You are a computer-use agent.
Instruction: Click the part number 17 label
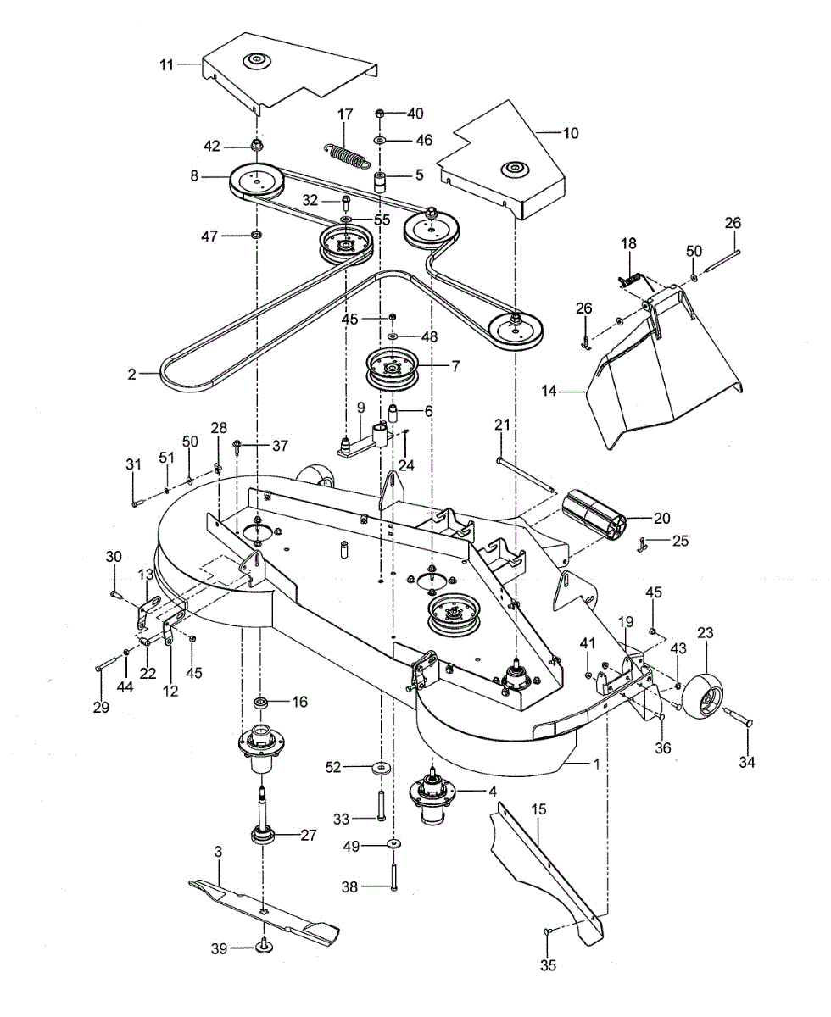click(344, 114)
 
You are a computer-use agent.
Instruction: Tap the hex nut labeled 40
click(379, 114)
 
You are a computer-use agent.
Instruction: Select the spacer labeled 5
click(380, 181)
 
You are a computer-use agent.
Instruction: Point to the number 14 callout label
click(549, 391)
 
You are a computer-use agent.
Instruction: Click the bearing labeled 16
click(261, 702)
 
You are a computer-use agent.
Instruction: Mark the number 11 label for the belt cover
click(166, 64)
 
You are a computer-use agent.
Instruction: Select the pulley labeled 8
click(256, 180)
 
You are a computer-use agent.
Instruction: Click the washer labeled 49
click(394, 844)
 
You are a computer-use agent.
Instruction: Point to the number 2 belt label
click(131, 374)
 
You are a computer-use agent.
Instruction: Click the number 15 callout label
click(538, 809)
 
